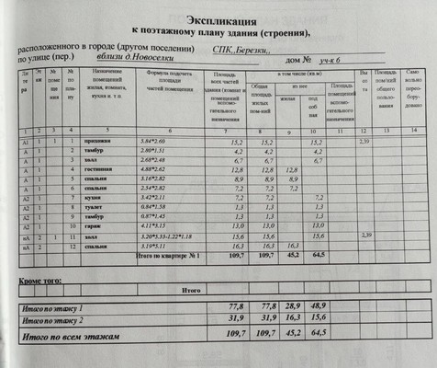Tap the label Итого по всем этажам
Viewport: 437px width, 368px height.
pyautogui.click(x=78, y=339)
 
